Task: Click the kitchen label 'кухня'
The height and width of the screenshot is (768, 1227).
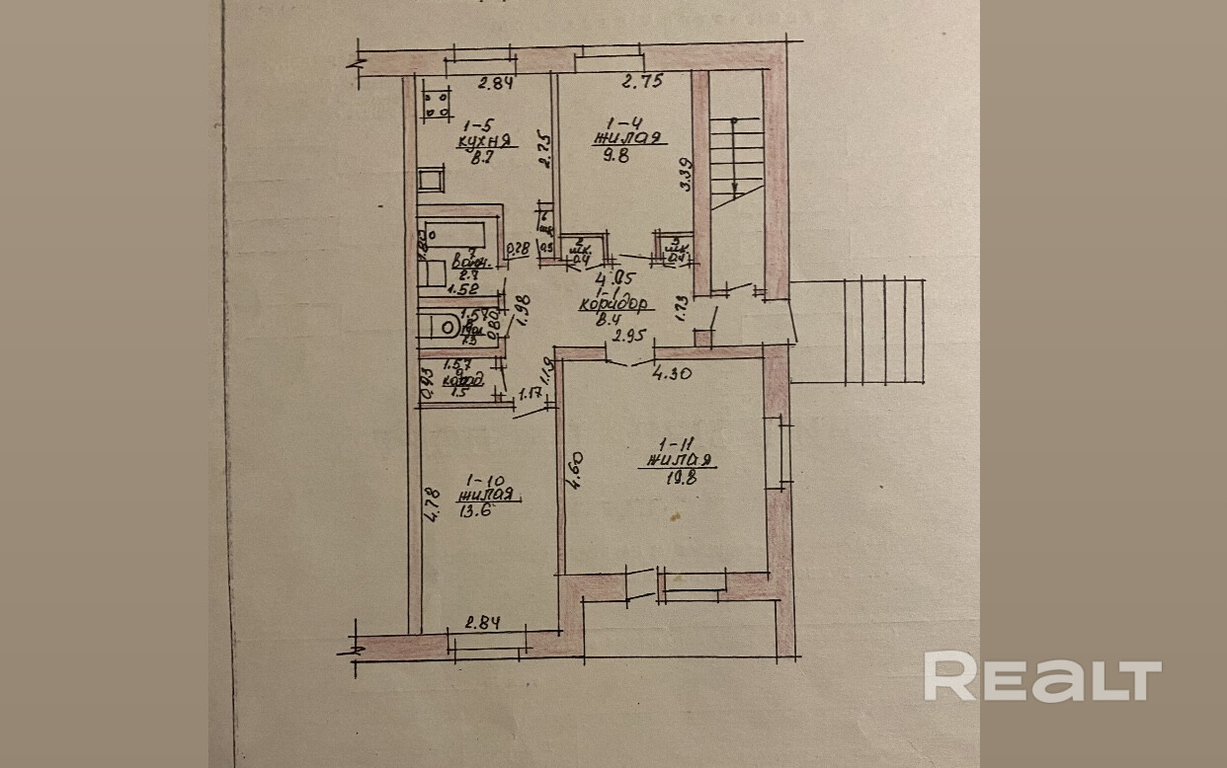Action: click(476, 141)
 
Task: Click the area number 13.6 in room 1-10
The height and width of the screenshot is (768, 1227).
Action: click(474, 511)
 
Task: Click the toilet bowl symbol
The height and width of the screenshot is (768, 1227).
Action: click(441, 326)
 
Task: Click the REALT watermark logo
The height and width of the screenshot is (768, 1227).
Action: click(1041, 677)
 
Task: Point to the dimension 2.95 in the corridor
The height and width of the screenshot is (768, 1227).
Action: click(630, 337)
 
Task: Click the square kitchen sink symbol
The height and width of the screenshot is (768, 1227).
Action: click(431, 181)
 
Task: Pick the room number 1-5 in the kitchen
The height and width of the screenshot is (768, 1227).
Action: click(477, 125)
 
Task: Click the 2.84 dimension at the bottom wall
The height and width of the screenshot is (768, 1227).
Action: click(482, 623)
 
